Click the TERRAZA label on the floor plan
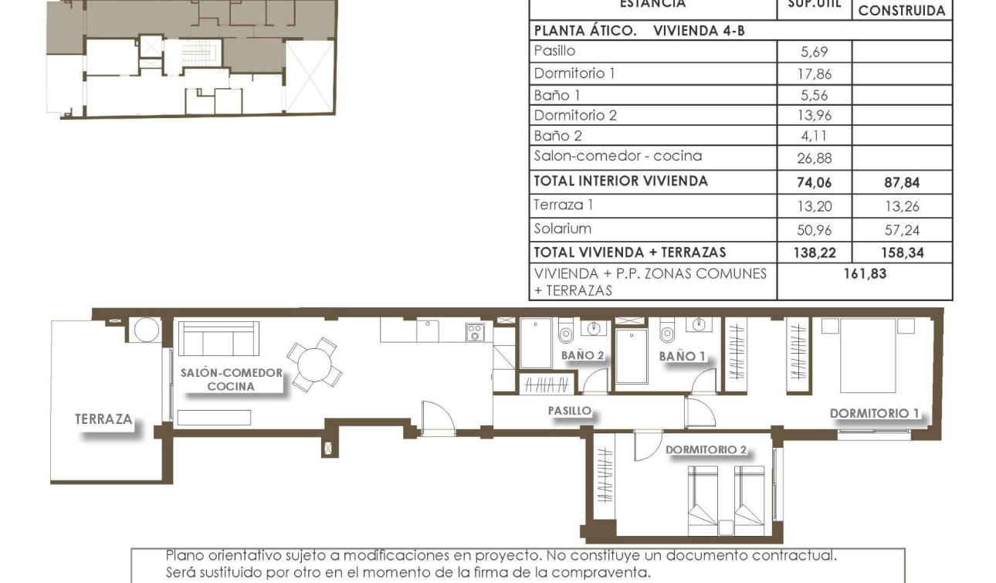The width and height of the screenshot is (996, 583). tap(103, 419)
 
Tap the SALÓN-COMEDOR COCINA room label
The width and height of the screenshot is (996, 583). tap(231, 379)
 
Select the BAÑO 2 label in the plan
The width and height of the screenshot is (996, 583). tap(583, 355)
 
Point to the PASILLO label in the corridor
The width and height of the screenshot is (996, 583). tap(569, 411)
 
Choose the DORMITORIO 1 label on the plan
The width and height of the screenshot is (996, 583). tap(874, 413)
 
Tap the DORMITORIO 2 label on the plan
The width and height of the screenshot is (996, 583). tap(706, 449)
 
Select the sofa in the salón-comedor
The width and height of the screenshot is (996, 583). tap(219, 338)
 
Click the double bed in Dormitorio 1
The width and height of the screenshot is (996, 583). tap(867, 355)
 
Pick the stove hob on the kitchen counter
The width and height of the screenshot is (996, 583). tap(474, 332)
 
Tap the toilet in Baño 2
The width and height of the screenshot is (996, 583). tap(566, 332)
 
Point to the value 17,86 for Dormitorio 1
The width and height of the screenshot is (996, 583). tap(815, 74)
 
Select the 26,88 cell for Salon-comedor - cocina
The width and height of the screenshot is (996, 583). tap(815, 159)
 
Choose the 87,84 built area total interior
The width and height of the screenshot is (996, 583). tap(901, 183)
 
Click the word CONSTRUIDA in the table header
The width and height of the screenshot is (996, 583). tap(901, 11)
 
